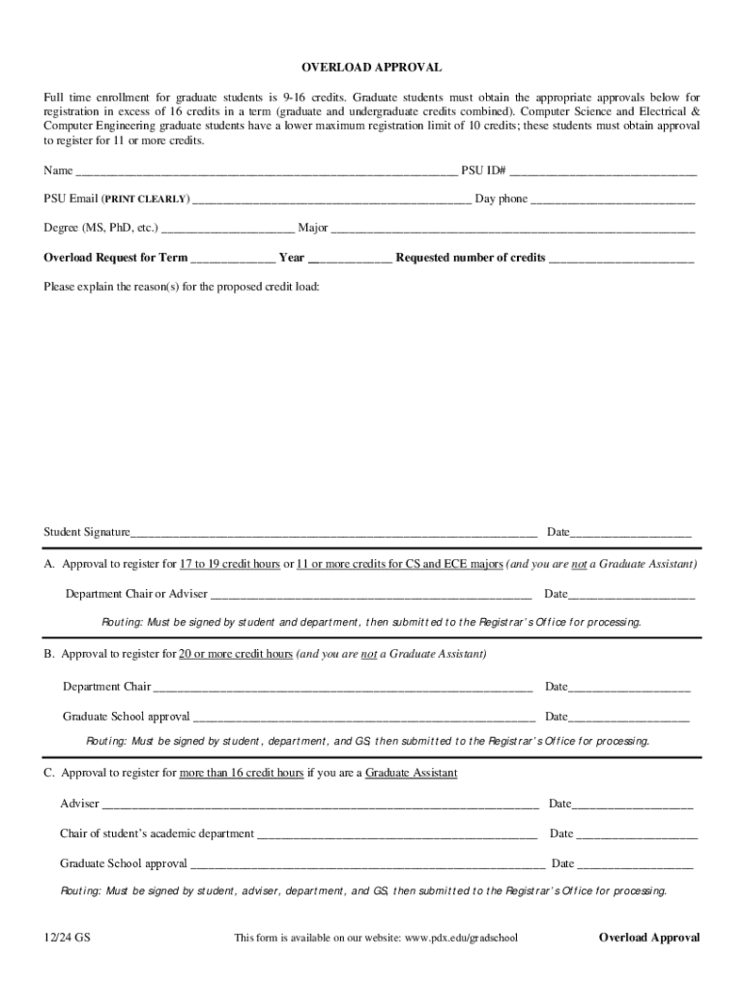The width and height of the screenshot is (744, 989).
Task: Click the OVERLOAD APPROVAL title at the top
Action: pos(371,68)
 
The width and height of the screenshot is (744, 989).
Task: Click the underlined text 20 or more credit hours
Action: pos(236,655)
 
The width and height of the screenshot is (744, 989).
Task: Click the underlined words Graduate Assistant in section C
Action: pos(412,774)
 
